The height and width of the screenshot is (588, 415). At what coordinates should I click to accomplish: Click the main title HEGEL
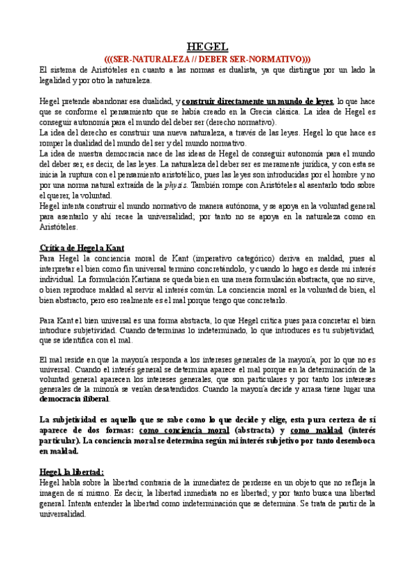(207, 46)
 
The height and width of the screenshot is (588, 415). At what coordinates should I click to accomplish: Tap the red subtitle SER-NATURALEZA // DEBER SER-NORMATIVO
(207, 59)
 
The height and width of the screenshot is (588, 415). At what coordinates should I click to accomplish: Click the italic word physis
(176, 186)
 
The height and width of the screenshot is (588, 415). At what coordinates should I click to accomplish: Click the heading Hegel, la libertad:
(71, 472)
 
